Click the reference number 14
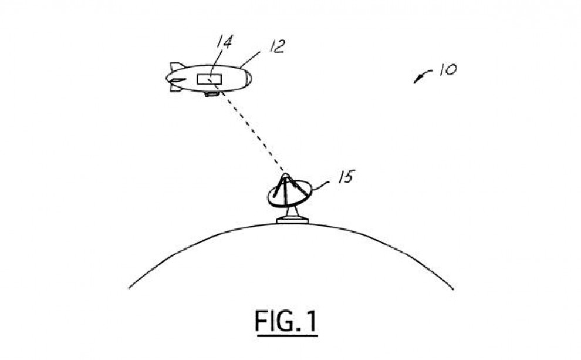224,42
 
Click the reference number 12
277,46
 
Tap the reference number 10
448,69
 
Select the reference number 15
346,177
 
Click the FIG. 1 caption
286,321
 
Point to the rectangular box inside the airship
210,79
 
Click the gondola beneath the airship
212,95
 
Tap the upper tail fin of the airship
177,67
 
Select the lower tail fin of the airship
176,88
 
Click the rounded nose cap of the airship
248,78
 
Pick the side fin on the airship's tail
177,80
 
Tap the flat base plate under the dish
292,221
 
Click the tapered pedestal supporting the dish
292,211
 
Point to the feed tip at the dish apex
285,176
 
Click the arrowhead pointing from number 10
418,79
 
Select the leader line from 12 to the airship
250,59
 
